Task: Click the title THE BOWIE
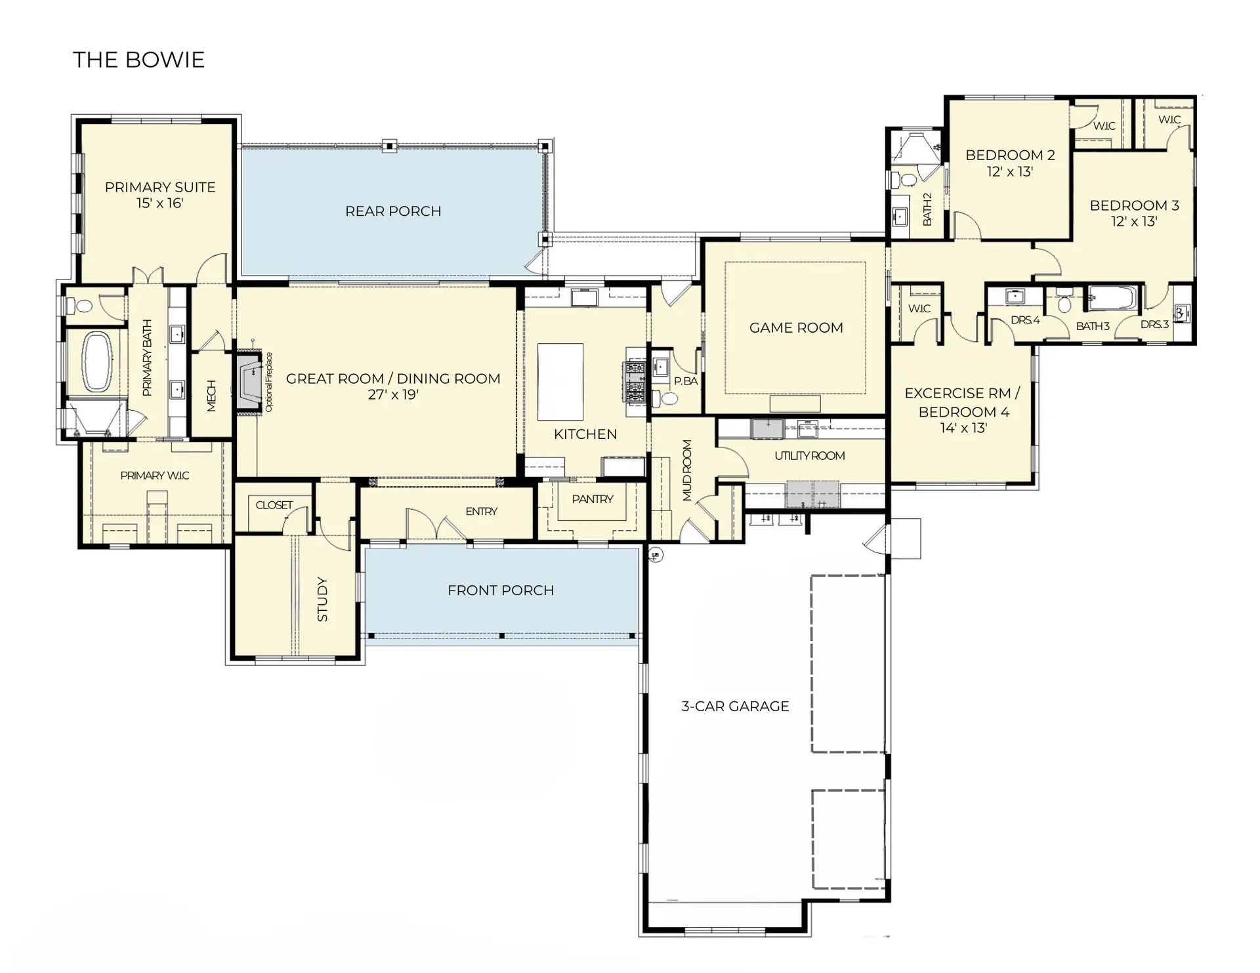(138, 60)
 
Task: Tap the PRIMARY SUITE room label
(160, 187)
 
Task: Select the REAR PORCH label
(393, 211)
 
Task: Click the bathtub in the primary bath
(96, 362)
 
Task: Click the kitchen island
(560, 382)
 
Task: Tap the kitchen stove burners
(635, 381)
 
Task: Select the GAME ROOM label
(796, 327)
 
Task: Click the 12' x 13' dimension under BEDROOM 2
(1010, 171)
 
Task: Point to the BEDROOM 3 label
(1135, 205)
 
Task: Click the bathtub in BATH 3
(1113, 299)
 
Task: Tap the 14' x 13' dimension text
(963, 428)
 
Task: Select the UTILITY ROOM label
(810, 455)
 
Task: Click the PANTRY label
(593, 499)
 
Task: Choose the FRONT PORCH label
(501, 590)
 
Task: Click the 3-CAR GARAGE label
(735, 706)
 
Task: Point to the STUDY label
(322, 599)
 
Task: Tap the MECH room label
(211, 396)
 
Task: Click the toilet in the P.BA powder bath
(669, 398)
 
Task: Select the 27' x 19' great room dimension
(393, 394)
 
